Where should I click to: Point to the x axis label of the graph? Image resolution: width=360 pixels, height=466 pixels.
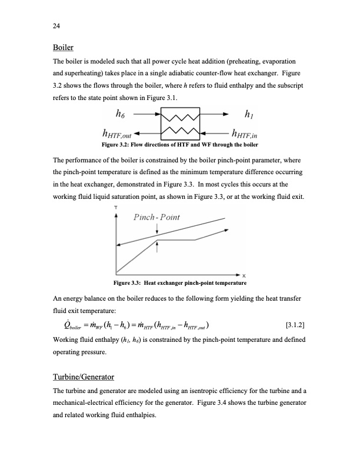click(243, 276)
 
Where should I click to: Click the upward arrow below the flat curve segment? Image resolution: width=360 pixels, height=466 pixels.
click(156, 247)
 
